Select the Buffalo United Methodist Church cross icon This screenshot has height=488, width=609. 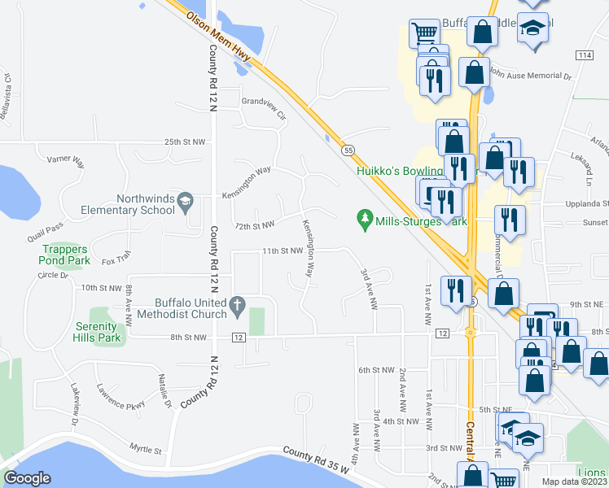237,306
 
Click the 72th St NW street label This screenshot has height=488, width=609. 254,224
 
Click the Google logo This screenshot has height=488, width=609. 27,478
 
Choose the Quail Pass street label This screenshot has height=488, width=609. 44,229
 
